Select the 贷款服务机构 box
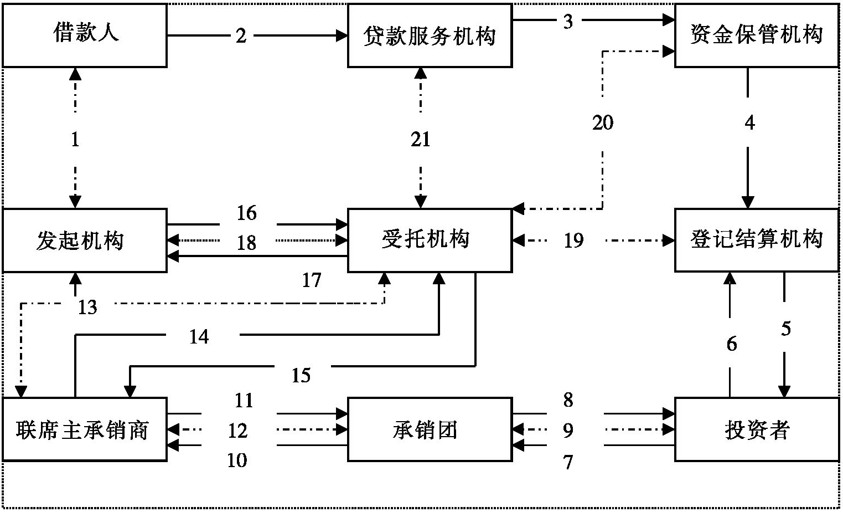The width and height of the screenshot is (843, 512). (x=430, y=35)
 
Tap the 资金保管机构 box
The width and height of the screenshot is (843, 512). (x=756, y=35)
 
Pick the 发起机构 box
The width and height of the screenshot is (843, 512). (x=85, y=240)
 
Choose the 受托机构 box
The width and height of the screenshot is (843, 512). (x=430, y=240)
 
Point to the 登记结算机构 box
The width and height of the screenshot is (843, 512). (x=756, y=240)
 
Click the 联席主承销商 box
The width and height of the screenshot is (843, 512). (x=85, y=429)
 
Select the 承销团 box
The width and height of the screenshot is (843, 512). (x=430, y=429)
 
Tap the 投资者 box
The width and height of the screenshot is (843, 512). (x=756, y=429)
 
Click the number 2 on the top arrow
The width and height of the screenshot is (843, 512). (x=241, y=37)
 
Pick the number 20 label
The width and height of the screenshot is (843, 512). (x=603, y=122)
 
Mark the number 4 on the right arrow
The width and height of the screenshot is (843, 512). (x=749, y=122)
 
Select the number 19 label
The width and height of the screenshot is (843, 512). (x=573, y=240)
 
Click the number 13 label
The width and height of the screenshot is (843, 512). (x=87, y=306)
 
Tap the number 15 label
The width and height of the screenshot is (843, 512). (x=301, y=376)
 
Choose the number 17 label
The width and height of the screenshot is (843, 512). (x=312, y=280)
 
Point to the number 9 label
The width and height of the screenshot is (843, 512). (x=568, y=430)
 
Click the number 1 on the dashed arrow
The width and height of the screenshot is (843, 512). (x=75, y=139)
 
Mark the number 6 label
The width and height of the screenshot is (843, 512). (x=732, y=344)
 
